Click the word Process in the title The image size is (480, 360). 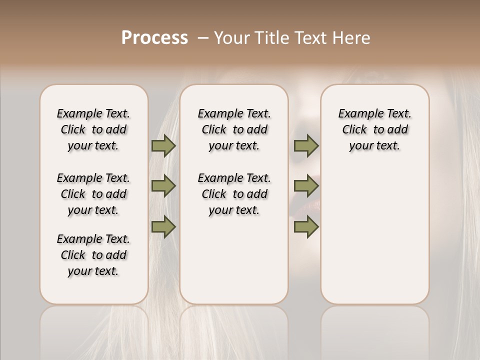[x=154, y=38]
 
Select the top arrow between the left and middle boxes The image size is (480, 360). [x=163, y=146]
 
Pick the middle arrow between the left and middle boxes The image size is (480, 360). [x=163, y=186]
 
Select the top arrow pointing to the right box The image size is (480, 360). [x=306, y=146]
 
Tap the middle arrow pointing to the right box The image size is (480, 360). [x=306, y=186]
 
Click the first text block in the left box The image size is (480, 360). [x=93, y=129]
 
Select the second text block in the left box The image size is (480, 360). [x=93, y=194]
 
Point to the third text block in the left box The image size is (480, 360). [x=93, y=255]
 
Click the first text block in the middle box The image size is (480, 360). [x=234, y=129]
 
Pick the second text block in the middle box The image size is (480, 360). [x=234, y=194]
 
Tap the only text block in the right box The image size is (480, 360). [x=374, y=129]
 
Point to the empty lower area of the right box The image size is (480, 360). [x=374, y=230]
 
